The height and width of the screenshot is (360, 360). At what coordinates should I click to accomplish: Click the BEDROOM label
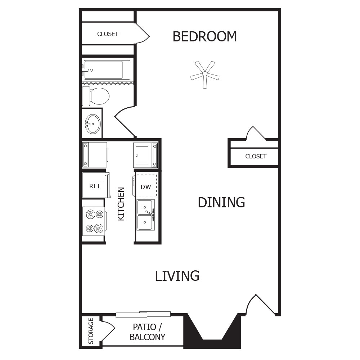coord(204,37)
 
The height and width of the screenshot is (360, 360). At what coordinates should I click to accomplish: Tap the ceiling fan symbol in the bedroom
coord(205,74)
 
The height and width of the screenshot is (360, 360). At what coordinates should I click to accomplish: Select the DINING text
coord(221,202)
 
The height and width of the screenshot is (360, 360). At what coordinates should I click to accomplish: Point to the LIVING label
coord(177,276)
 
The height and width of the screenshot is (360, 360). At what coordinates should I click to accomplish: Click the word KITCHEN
coord(121,204)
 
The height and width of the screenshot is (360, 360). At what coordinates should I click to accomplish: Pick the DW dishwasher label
coord(146,187)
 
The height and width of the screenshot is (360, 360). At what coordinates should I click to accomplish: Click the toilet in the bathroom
coord(95,96)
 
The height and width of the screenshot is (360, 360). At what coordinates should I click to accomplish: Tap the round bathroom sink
coord(93,124)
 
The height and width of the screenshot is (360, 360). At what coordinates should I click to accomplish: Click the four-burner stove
coord(94,221)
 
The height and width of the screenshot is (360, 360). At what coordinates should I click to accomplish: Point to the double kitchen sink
coord(145,215)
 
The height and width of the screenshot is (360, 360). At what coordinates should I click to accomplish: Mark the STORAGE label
coord(91,331)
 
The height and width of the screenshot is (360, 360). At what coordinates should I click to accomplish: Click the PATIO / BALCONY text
coord(147,332)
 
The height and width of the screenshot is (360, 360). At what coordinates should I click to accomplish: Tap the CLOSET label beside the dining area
coord(256,156)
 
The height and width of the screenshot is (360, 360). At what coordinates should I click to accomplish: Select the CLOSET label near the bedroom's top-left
coord(108,34)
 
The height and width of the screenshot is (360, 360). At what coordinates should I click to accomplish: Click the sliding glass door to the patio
coord(143,315)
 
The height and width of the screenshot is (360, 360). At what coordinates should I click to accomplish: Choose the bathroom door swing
coord(124,121)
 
